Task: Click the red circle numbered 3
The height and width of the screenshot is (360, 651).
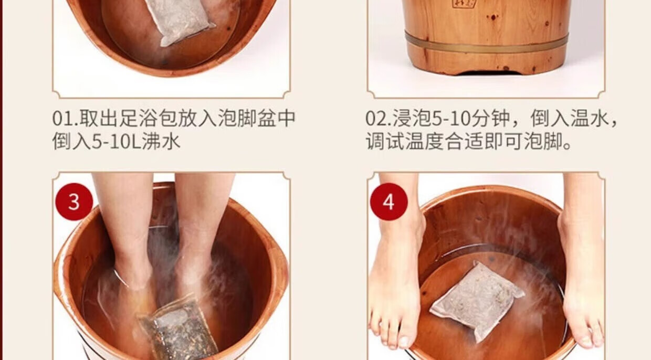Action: point(74,202)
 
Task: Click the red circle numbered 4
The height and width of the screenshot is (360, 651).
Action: point(389,202)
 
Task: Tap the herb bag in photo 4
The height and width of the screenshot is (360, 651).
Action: point(477,301)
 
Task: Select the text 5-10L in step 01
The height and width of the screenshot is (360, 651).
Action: point(117,142)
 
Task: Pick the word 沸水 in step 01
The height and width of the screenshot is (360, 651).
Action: point(161,142)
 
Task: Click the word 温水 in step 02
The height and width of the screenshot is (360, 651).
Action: point(590,118)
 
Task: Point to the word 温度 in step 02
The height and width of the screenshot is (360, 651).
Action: point(425,142)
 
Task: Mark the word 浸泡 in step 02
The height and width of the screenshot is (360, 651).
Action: point(412,118)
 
